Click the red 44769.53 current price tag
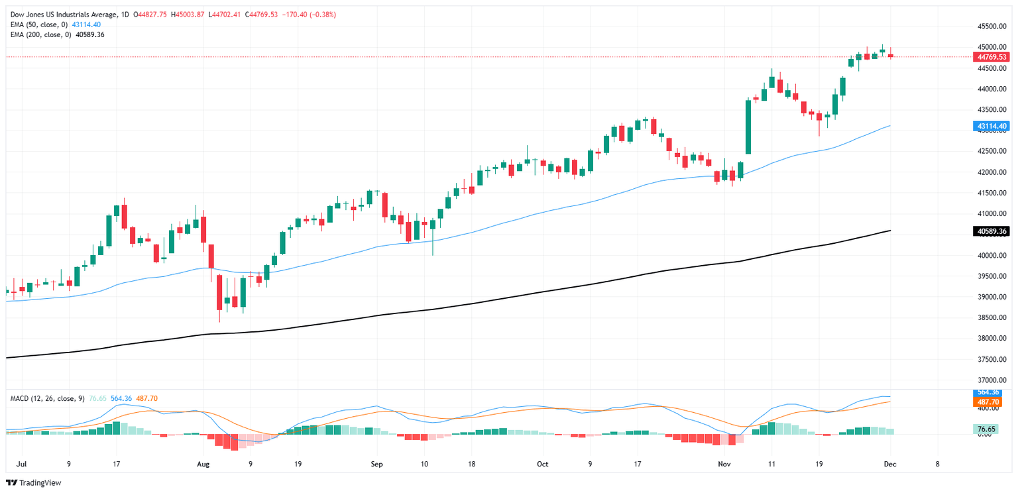992,57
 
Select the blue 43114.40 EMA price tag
992,126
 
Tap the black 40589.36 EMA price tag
992,231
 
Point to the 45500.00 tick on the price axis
992,27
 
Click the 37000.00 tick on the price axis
992,380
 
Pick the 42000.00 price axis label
992,172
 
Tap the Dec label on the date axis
890,465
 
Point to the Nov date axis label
724,465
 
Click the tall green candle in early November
748,127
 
